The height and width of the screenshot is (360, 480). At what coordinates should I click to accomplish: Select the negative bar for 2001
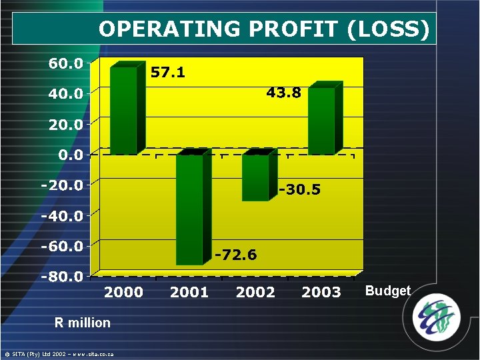click(190, 209)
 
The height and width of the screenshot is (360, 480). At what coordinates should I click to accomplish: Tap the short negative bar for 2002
click(256, 177)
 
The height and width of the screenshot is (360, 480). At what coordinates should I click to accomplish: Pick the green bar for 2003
click(322, 121)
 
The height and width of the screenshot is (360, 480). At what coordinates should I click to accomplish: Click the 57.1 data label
click(167, 73)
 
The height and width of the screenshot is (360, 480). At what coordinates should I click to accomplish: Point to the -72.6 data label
click(235, 255)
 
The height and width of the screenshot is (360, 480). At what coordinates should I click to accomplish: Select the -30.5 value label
click(299, 190)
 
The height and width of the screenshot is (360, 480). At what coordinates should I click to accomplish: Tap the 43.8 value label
click(283, 93)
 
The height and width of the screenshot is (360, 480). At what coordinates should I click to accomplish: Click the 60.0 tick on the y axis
click(65, 64)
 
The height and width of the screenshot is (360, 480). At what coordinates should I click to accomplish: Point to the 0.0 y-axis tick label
click(69, 155)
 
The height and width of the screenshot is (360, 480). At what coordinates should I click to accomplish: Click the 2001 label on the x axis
click(189, 292)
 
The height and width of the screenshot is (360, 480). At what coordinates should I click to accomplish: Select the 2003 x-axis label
click(321, 292)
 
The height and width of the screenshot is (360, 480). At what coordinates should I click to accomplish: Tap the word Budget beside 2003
click(387, 291)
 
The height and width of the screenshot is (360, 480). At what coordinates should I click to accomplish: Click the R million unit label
click(83, 323)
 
